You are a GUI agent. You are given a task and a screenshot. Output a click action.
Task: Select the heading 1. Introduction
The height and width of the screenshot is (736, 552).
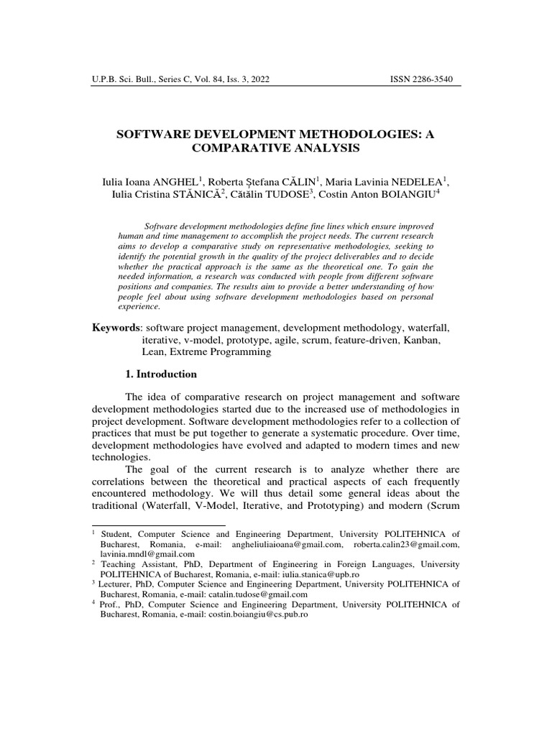coord(161,374)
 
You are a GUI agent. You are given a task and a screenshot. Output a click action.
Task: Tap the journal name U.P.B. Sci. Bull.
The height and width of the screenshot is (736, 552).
coord(124,79)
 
